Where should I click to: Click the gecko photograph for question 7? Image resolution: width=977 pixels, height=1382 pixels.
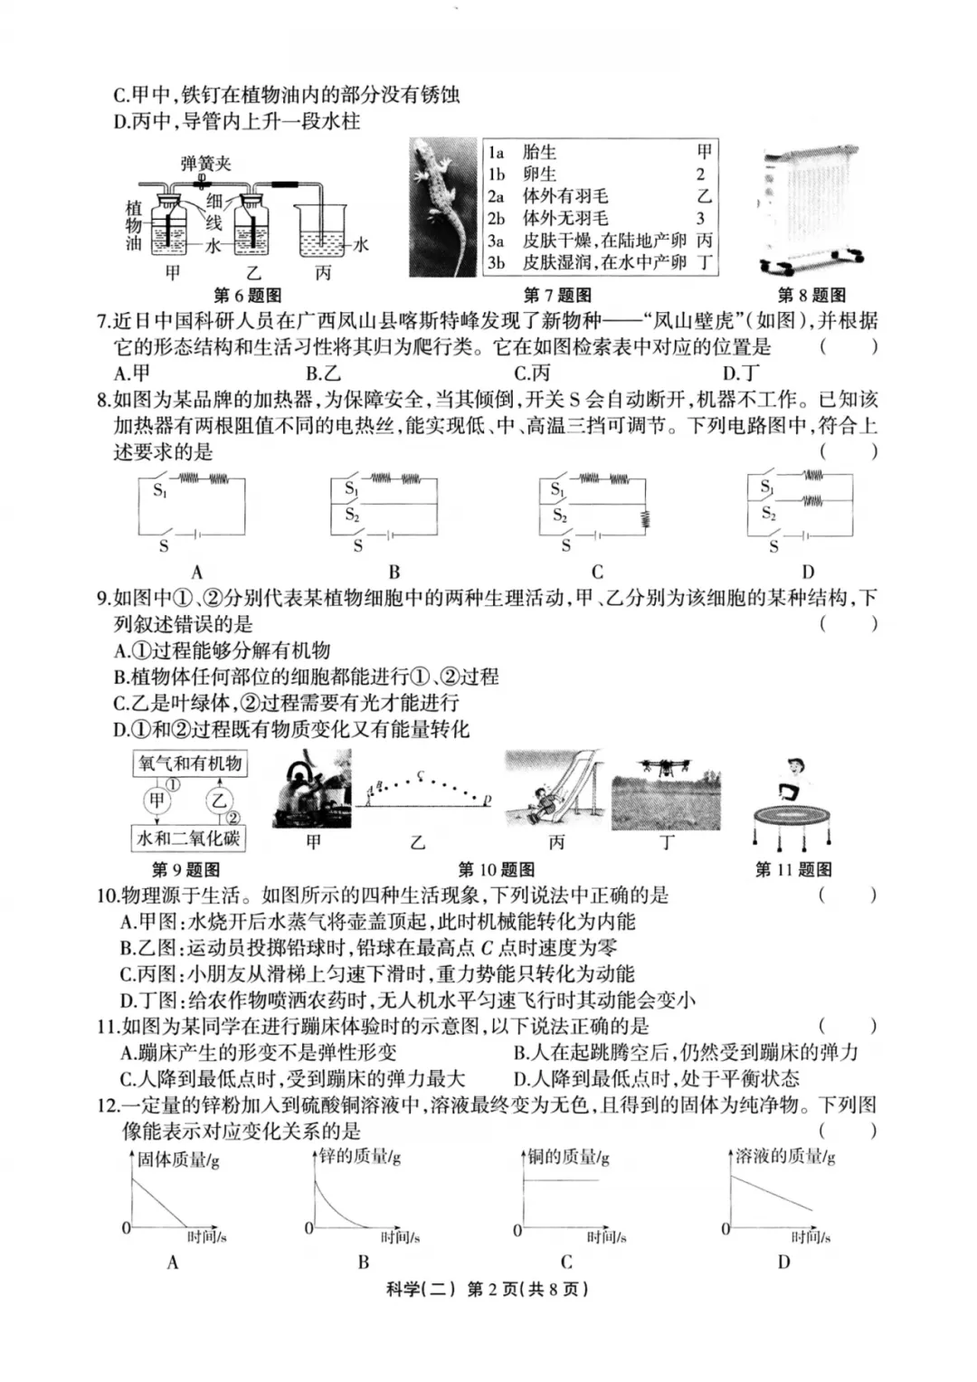point(442,207)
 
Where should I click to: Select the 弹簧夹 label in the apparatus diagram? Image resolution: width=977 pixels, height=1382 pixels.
point(205,164)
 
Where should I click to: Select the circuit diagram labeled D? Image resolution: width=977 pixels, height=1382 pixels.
point(801,506)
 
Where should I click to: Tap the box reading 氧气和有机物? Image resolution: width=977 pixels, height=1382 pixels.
point(190,763)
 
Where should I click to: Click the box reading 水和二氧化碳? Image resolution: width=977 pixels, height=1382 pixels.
point(188,838)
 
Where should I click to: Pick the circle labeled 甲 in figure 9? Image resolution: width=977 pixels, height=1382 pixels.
point(157,800)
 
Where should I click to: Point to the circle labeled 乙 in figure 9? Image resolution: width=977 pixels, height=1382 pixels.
point(219,800)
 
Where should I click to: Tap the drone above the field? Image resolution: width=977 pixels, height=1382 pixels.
point(667,769)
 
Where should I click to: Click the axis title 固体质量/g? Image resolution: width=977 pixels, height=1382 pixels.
point(177,1160)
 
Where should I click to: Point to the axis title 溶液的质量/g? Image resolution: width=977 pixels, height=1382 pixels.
point(784,1156)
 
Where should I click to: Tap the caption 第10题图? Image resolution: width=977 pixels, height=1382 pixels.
point(496,869)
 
